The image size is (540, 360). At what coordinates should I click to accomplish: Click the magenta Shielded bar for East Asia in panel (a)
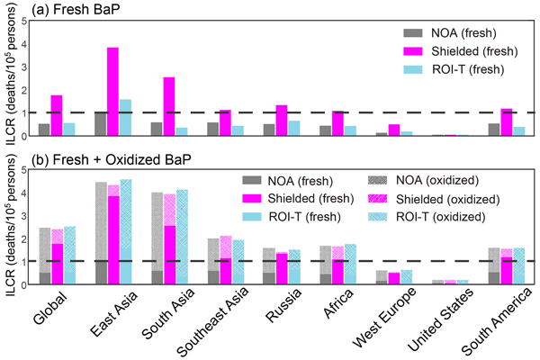113,92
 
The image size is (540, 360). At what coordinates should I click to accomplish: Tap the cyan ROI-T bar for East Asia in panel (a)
126,118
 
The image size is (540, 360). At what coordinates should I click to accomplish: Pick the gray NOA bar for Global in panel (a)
44,130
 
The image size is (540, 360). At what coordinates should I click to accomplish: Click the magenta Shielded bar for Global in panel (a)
57,115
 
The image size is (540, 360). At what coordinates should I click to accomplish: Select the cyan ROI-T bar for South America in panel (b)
518,267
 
